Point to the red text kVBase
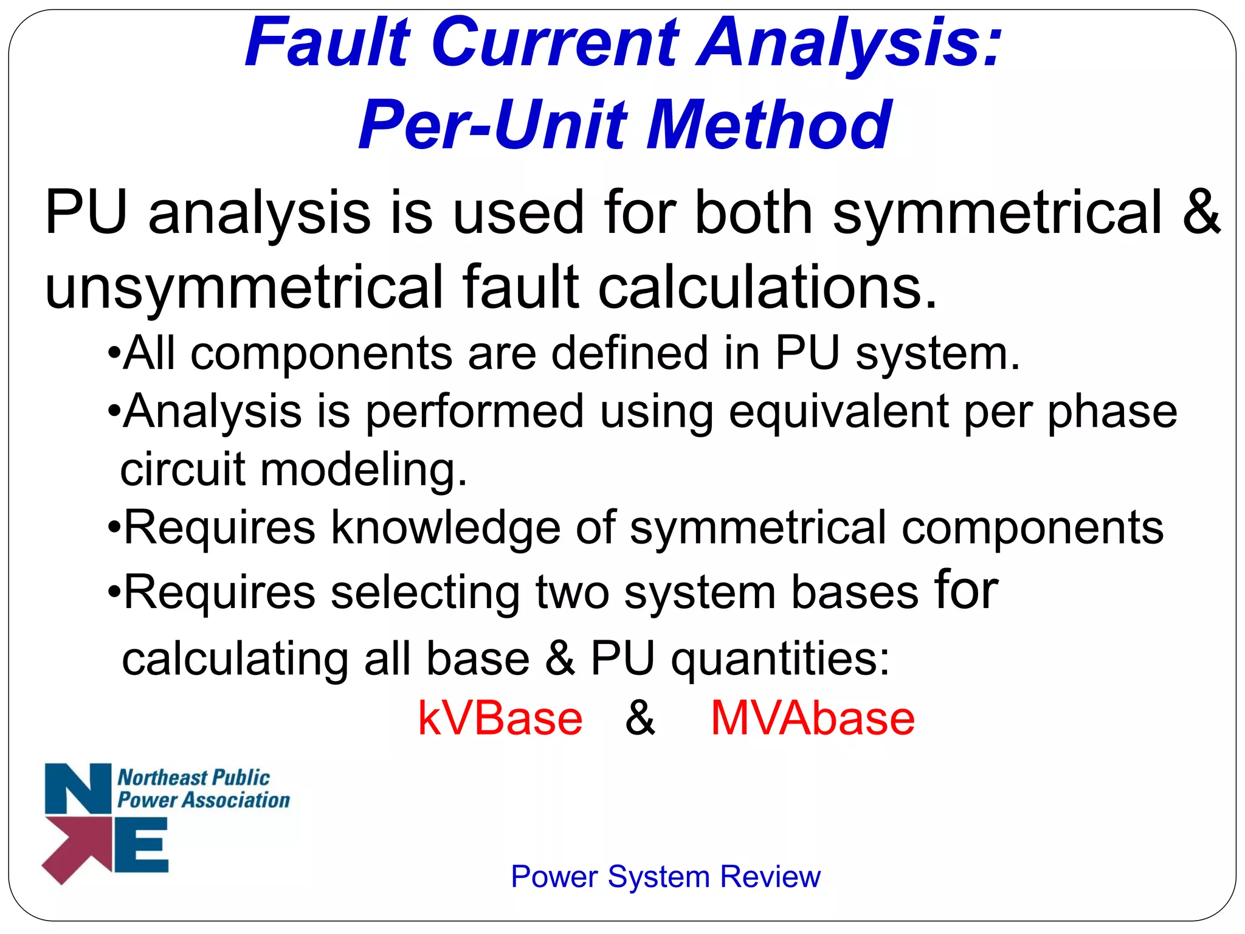point(500,719)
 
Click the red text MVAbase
point(812,719)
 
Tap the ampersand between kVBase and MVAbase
point(640,718)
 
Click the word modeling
point(364,469)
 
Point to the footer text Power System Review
point(665,876)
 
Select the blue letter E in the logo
point(142,845)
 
